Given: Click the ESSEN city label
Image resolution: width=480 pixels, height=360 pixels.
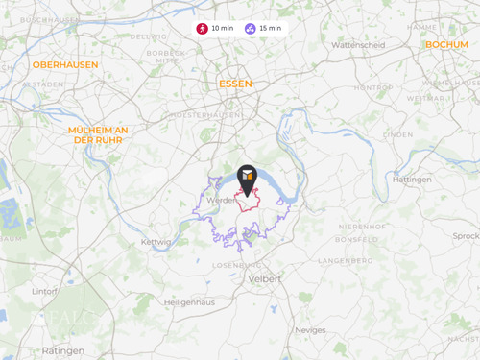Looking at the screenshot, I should [235, 84].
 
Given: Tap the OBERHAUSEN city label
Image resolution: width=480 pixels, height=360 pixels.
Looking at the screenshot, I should [65, 64].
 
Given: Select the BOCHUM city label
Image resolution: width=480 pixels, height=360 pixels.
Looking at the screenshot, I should [446, 44].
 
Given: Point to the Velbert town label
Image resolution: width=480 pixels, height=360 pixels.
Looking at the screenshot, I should [265, 278].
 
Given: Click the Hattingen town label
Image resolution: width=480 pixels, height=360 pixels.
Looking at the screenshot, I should [413, 180].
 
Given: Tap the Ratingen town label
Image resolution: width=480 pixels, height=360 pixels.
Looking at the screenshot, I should [63, 350].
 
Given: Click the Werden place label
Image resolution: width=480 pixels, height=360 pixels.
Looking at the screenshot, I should [221, 201].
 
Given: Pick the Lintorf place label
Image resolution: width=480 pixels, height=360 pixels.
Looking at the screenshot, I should [45, 291].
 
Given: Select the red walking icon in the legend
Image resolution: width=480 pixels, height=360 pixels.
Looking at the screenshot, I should [203, 29].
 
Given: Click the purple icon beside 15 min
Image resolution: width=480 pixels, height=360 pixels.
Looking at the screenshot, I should [250, 29].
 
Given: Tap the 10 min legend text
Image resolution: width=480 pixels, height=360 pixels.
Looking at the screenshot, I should [223, 29].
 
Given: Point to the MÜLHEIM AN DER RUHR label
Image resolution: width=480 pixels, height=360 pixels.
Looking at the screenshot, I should [99, 134].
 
